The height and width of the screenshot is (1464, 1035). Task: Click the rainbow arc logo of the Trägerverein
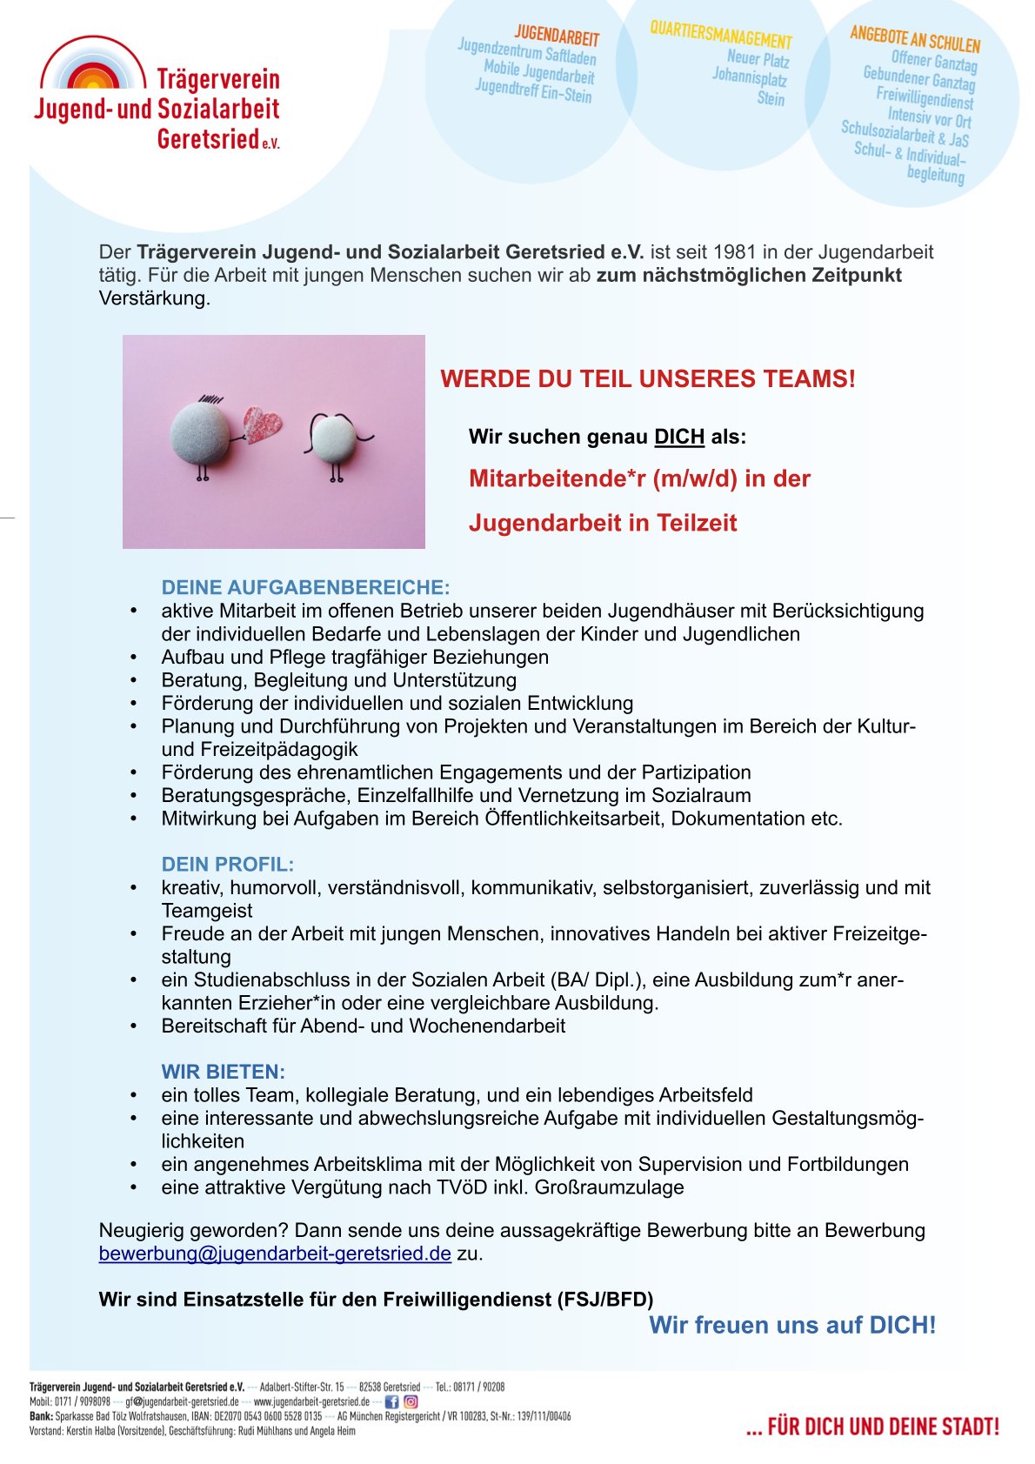[x=93, y=64]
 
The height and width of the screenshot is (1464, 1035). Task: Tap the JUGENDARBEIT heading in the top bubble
[x=557, y=36]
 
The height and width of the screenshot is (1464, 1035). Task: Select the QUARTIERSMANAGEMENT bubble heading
[x=721, y=35]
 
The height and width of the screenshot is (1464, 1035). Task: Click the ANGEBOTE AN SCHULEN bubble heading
[x=915, y=39]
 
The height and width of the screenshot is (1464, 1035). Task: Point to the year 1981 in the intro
[x=735, y=252]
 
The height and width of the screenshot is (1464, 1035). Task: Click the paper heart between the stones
[x=262, y=424]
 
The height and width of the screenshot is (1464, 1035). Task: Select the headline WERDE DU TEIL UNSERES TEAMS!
[x=648, y=379]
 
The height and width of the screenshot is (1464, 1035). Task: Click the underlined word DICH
[x=679, y=437]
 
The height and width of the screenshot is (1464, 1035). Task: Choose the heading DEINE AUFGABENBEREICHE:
[x=305, y=587]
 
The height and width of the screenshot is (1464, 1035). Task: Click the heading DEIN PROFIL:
[x=228, y=865]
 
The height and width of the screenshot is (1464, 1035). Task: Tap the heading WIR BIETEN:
[x=224, y=1072]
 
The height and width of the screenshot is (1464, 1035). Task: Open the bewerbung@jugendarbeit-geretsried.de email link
[x=275, y=1253]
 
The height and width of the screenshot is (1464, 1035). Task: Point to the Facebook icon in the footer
[x=391, y=1401]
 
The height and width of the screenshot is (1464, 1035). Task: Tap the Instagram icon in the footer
[x=411, y=1401]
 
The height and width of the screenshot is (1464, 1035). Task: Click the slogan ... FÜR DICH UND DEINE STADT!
[x=872, y=1427]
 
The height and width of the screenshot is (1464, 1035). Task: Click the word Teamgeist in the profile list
[x=207, y=911]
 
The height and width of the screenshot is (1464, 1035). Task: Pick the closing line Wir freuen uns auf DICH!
[x=792, y=1325]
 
